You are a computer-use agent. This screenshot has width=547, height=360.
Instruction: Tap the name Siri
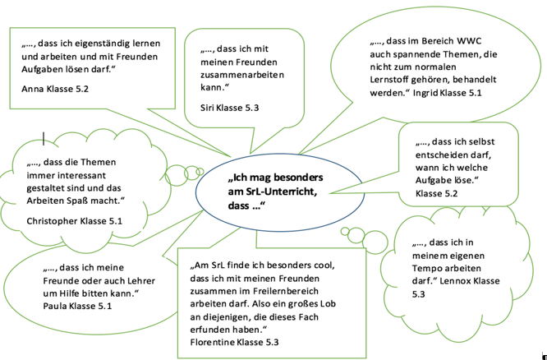(x=210, y=107)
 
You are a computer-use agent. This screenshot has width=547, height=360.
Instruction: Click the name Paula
(x=57, y=305)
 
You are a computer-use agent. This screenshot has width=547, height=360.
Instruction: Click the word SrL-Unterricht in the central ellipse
(x=271, y=192)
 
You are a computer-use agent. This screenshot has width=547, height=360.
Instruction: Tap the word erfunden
(x=214, y=328)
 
